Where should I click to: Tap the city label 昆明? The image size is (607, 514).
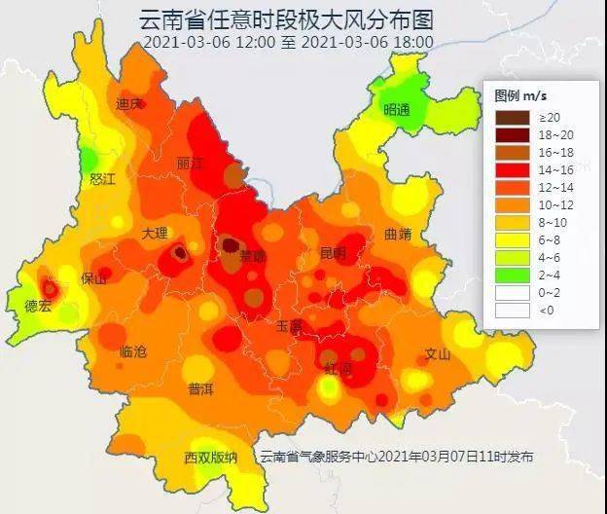[333, 253]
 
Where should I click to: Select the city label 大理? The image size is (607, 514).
[155, 234]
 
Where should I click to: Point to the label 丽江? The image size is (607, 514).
[191, 164]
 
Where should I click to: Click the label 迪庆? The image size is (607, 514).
[129, 103]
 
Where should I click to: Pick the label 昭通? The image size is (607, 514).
[397, 109]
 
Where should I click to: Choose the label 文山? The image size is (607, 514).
[437, 354]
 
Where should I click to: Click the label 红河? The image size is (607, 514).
[339, 370]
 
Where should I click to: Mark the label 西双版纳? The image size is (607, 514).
[211, 458]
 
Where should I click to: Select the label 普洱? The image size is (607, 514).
[201, 388]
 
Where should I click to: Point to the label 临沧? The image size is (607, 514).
[133, 351]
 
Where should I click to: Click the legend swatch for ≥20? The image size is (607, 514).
[512, 117]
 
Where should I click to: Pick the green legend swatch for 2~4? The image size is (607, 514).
[512, 274]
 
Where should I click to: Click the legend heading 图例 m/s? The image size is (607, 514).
[520, 95]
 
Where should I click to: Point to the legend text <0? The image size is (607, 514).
[545, 311]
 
